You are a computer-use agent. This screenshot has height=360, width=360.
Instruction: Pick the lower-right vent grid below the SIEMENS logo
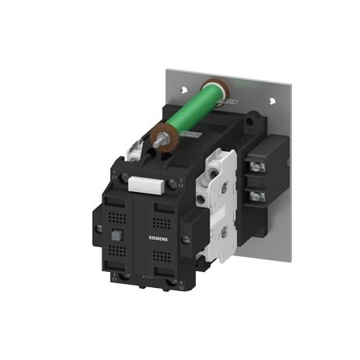click(x=162, y=258)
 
